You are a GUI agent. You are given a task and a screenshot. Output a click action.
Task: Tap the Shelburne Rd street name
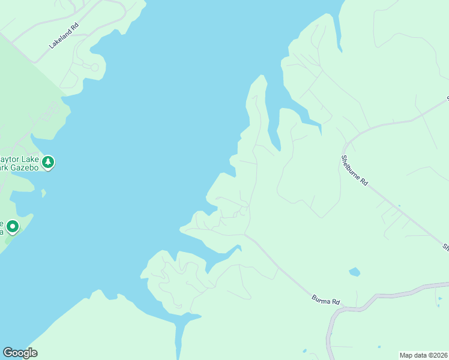(354, 170)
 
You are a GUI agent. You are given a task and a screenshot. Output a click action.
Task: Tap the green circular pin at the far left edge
(12, 227)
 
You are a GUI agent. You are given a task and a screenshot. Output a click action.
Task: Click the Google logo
(20, 353)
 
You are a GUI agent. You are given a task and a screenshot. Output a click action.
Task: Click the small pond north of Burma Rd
(354, 272)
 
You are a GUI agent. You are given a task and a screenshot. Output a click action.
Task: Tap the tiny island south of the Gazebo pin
(43, 193)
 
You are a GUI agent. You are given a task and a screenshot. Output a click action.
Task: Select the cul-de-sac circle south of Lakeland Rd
(94, 67)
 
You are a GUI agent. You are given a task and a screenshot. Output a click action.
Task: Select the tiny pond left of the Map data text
(379, 346)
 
